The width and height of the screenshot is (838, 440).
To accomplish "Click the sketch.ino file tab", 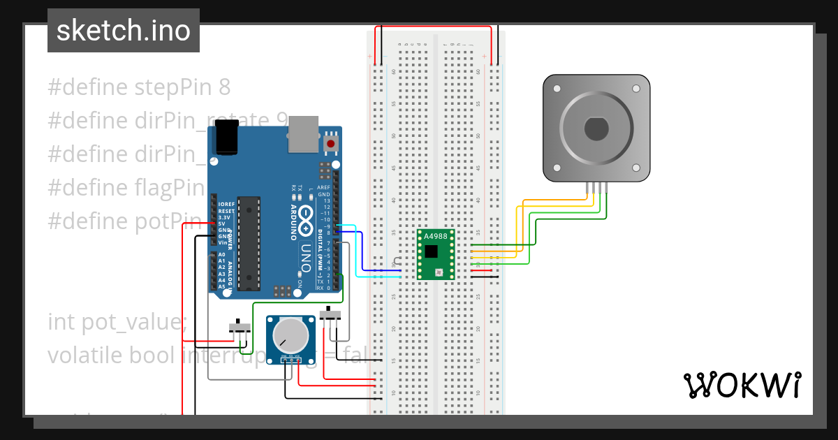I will tap(123, 31).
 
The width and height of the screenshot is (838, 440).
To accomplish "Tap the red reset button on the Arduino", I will tap(330, 144).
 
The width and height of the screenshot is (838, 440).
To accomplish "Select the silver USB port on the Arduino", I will tap(303, 133).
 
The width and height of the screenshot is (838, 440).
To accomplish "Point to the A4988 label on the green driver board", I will tap(435, 237).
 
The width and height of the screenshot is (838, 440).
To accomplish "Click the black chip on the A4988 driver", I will tap(432, 251).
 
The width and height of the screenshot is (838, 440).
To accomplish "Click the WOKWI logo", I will tap(741, 385).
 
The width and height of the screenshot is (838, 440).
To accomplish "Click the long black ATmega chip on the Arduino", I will tap(248, 243).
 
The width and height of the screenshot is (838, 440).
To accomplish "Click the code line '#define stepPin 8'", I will tap(139, 87).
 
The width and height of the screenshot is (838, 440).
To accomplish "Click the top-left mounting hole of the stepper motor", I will tap(557, 89).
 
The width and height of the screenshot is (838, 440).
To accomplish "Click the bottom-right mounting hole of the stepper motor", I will tap(635, 168).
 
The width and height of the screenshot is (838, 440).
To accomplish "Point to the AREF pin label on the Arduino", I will tap(323, 188).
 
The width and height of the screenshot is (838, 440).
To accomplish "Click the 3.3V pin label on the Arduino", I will tap(225, 217).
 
